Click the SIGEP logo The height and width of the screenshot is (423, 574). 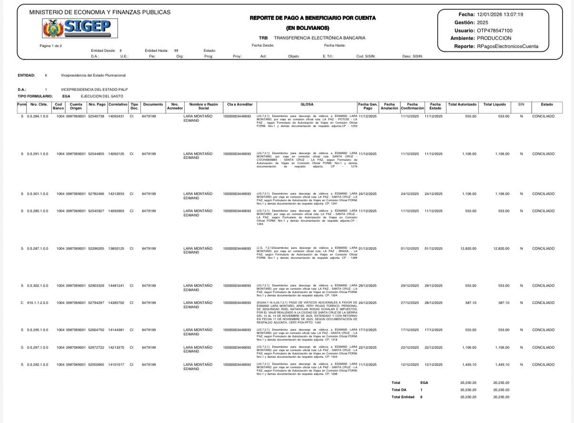tap(77, 28)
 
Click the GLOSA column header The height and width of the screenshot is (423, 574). tap(307, 105)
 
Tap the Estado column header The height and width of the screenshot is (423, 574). tap(546, 105)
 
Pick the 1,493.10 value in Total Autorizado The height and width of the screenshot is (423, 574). tap(469, 364)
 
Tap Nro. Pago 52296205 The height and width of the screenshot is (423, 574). tap(97, 248)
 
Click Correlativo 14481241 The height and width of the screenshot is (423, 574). tap(116, 285)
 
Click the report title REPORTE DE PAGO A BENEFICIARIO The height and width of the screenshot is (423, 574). tap(313, 18)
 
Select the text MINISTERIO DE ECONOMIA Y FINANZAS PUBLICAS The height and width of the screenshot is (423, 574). tap(99, 12)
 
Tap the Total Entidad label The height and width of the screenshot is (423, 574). tap(403, 397)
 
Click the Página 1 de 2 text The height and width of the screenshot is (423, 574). tap(51, 46)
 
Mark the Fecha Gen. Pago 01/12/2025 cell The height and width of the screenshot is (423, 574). tap(367, 248)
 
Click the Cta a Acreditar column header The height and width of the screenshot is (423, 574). tap(239, 105)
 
